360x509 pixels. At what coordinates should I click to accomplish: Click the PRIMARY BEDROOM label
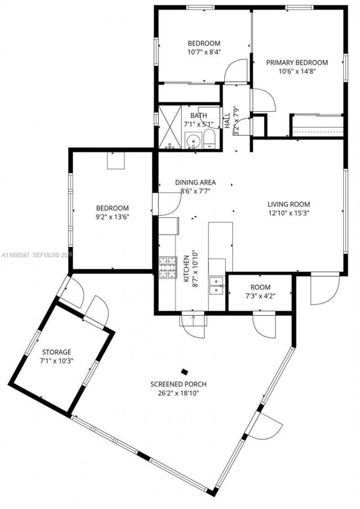click(297, 63)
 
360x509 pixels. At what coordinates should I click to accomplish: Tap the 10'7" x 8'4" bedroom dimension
click(204, 52)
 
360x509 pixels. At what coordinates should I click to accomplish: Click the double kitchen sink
click(217, 285)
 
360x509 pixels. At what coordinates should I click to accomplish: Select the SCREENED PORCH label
click(178, 384)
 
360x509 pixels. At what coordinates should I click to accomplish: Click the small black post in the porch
click(184, 371)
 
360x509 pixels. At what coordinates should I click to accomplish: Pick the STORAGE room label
click(57, 352)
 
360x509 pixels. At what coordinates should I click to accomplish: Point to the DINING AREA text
click(195, 182)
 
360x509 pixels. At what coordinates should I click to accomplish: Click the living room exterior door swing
click(324, 290)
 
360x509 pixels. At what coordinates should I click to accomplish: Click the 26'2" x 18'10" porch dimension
click(178, 393)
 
